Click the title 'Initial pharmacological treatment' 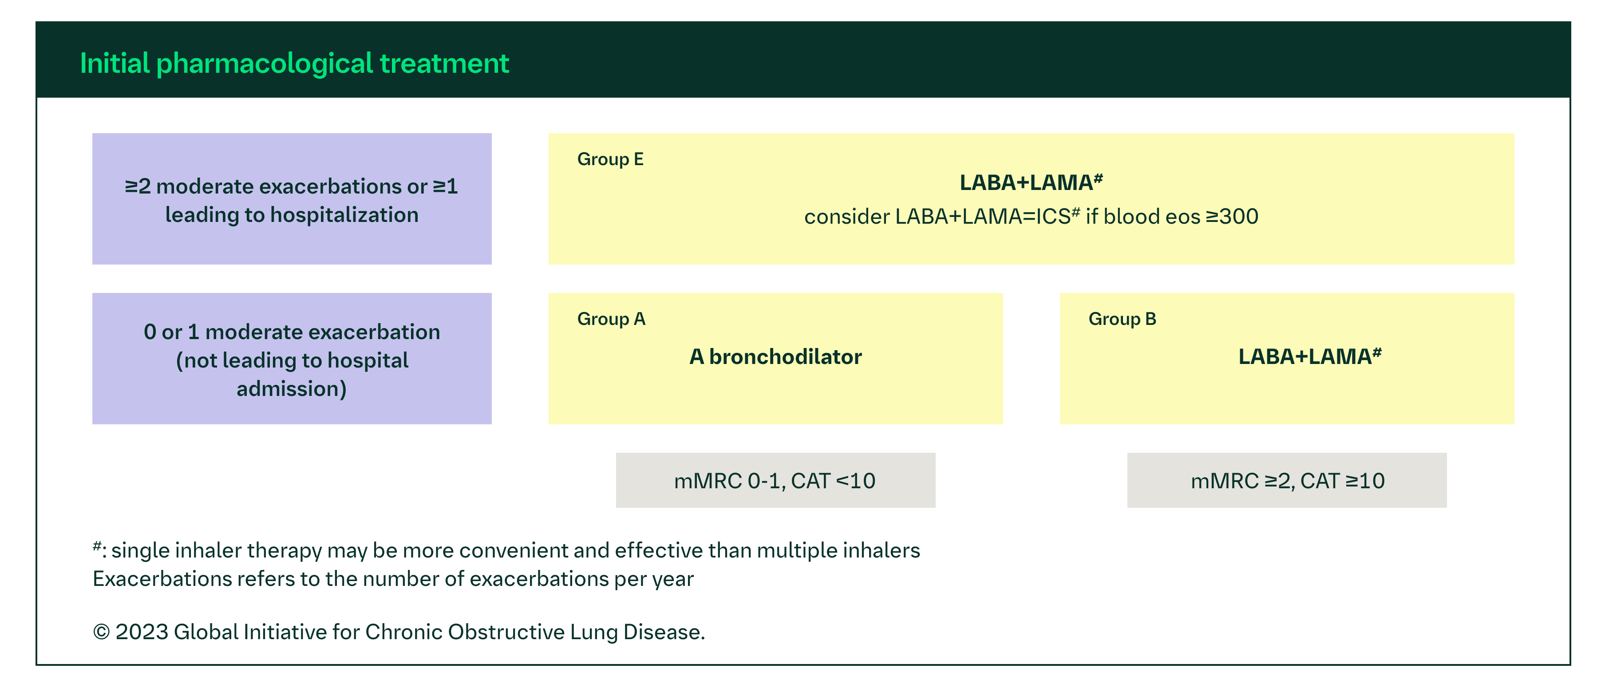click(294, 63)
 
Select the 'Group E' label click(610, 159)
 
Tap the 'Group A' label click(611, 319)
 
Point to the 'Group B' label click(1122, 319)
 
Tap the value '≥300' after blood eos click(1232, 217)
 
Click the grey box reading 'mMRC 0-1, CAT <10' click(775, 480)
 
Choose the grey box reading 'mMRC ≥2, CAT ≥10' click(1287, 480)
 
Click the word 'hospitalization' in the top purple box click(344, 215)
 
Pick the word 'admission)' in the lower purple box click(292, 389)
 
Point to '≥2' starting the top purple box click(138, 186)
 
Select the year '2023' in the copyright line click(142, 632)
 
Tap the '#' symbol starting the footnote click(97, 546)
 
